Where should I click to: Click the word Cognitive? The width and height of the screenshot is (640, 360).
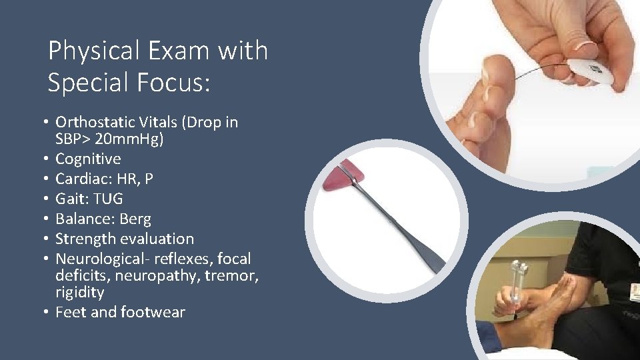[x=88, y=159]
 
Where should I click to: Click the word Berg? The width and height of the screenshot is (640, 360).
[x=135, y=219]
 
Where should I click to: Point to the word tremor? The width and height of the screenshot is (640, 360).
[x=233, y=275]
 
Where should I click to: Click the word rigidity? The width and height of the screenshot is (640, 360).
[x=79, y=292]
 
